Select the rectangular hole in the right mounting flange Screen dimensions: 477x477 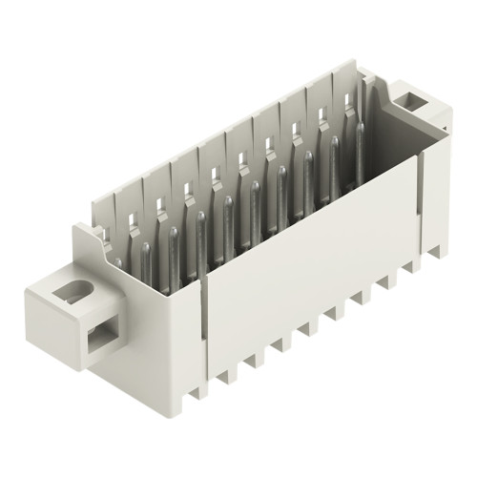(413, 98)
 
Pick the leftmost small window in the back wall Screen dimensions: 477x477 (128, 215)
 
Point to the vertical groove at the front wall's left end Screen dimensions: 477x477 (203, 324)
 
